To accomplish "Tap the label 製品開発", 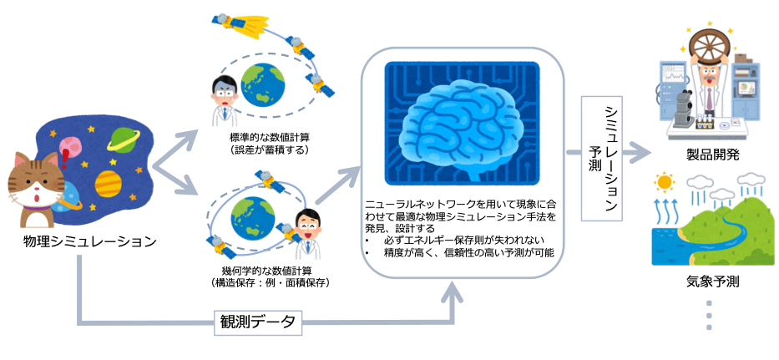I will point(711,155).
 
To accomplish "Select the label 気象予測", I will point(711,281).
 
